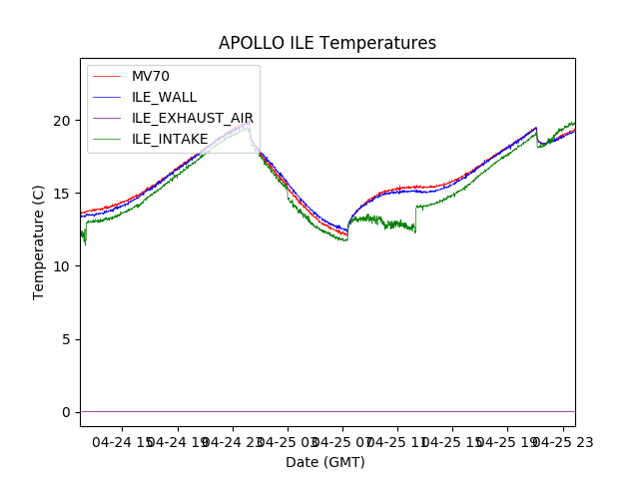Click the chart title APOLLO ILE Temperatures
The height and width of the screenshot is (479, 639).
tap(327, 44)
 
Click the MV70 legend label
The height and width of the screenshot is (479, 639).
tap(151, 76)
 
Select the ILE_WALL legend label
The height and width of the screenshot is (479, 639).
tap(164, 97)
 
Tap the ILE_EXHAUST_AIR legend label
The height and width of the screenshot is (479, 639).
tap(192, 118)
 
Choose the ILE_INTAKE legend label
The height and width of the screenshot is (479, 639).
tap(170, 139)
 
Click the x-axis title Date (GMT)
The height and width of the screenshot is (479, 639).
tap(325, 462)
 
